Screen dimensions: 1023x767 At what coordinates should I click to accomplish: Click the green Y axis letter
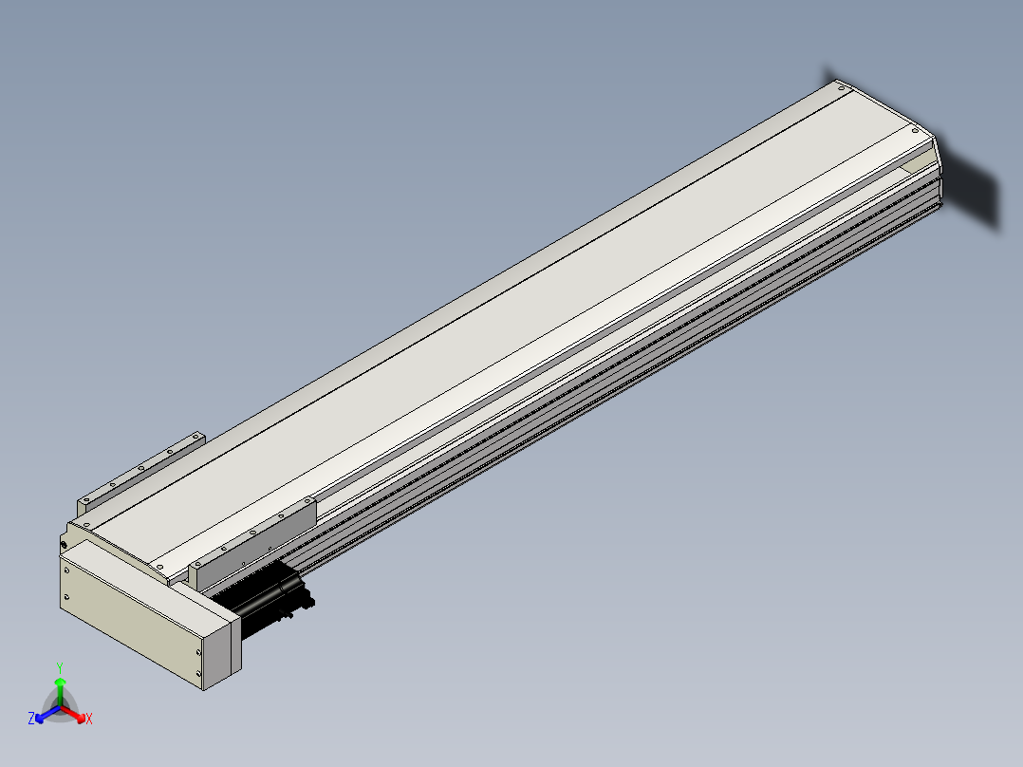60,667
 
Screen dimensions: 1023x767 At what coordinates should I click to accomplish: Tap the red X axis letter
89,719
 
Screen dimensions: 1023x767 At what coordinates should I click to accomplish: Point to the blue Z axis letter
30,718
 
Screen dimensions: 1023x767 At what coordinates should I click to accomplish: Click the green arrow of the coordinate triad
60,691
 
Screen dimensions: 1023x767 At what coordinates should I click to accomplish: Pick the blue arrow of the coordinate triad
47,714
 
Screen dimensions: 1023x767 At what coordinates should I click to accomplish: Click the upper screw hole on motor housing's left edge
66,571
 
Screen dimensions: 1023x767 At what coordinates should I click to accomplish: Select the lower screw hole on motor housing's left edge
66,596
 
